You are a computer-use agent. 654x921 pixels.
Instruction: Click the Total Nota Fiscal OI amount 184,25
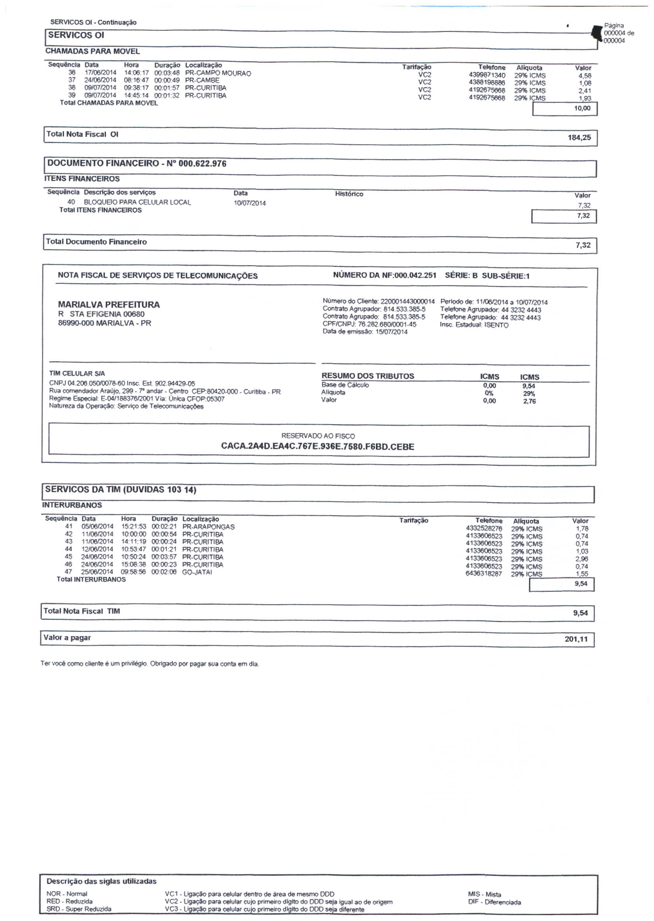(x=579, y=138)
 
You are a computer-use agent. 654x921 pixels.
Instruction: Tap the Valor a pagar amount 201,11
(x=576, y=639)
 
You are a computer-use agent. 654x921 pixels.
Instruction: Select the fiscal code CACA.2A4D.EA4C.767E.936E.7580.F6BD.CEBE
(x=317, y=446)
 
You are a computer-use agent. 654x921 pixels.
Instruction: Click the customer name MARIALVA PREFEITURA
(x=109, y=305)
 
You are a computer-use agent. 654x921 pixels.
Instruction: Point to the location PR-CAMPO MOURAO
(x=218, y=73)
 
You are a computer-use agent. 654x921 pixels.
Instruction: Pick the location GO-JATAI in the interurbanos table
(x=197, y=572)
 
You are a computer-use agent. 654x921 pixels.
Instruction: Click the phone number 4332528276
(x=483, y=528)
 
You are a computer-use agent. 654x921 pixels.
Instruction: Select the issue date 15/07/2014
(x=392, y=332)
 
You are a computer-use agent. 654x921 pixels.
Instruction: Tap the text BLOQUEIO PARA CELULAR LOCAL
(x=137, y=202)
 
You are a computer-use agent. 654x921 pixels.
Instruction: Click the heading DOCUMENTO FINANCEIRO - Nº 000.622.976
(x=137, y=164)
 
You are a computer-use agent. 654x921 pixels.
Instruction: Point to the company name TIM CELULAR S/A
(x=77, y=373)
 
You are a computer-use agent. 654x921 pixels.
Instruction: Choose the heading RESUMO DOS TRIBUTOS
(x=367, y=376)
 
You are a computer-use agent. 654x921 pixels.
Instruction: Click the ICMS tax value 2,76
(x=529, y=401)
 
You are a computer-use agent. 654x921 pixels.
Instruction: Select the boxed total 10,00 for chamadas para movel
(x=582, y=108)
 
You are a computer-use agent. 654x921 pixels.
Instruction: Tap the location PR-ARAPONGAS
(x=208, y=527)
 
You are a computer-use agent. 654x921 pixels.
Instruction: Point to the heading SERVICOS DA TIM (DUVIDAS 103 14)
(x=120, y=490)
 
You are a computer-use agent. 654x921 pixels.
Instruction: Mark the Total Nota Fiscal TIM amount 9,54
(x=580, y=613)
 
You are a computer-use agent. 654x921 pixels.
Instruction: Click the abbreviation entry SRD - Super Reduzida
(x=79, y=909)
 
